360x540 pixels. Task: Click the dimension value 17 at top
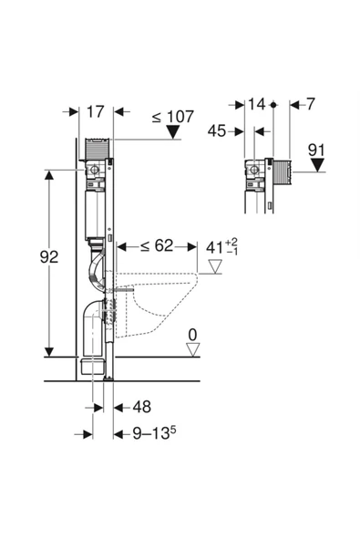coord(95,112)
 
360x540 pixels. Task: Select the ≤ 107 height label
coord(173,117)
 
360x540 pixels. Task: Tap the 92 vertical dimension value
coord(49,257)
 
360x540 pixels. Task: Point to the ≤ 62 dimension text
coord(157,246)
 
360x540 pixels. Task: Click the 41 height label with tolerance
coord(222,247)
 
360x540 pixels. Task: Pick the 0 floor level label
coord(192,335)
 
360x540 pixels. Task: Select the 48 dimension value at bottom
coord(142,407)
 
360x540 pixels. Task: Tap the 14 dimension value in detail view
coord(257,104)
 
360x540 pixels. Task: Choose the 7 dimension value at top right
coord(311,104)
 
